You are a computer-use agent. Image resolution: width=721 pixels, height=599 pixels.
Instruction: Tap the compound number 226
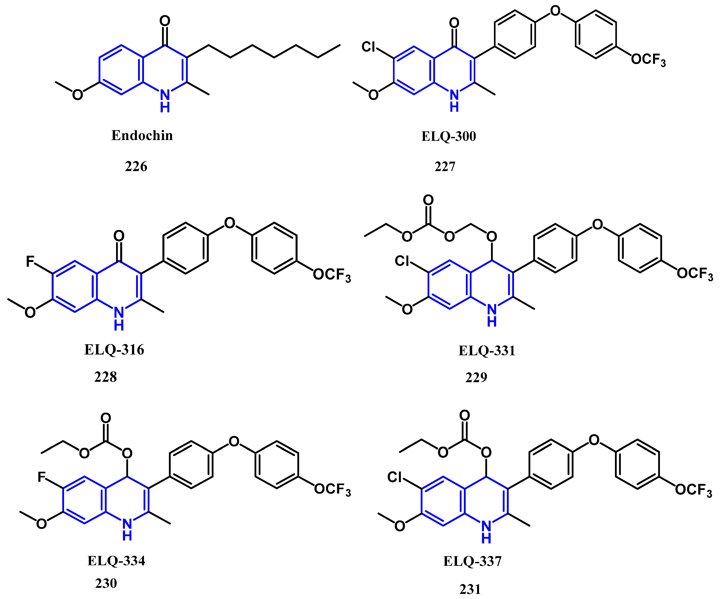coord(136,167)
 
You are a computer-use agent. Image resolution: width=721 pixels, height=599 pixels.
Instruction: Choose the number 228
coord(105,377)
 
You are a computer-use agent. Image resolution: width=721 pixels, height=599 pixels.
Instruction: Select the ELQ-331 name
coord(487,351)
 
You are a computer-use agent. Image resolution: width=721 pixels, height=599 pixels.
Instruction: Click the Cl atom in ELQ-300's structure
coord(368,47)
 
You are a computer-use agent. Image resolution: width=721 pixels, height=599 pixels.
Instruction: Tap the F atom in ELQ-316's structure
coord(30,262)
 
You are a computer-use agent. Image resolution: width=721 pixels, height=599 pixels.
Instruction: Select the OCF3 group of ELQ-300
coord(648,60)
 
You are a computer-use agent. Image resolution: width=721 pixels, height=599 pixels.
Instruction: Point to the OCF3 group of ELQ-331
coord(694,274)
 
